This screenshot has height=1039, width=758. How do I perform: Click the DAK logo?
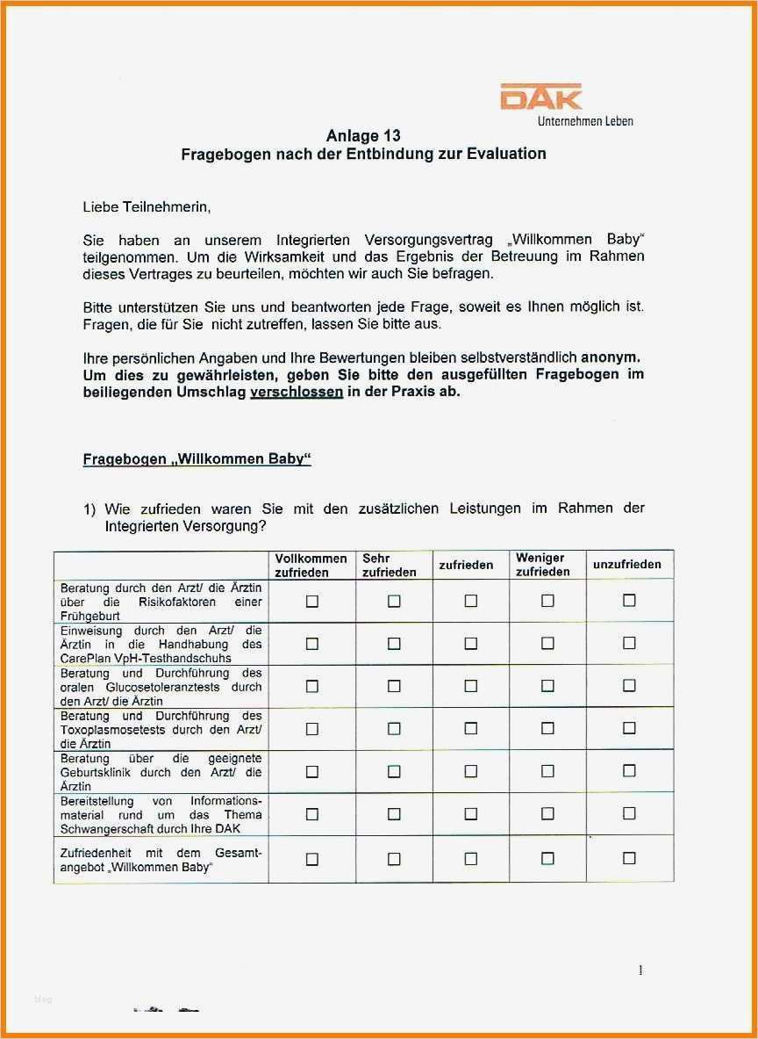540,97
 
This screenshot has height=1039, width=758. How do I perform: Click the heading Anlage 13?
363,135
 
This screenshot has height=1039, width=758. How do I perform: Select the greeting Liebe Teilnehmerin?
147,207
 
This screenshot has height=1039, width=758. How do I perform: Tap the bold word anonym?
611,357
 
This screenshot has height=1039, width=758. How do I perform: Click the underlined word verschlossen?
297,392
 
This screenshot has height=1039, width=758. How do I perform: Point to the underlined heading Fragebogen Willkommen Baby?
197,459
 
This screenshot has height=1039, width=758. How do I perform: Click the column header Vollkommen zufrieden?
311,565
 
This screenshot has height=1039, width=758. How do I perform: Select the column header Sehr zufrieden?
390,565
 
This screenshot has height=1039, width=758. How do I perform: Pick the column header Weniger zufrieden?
543,564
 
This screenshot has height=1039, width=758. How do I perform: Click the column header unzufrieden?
627,564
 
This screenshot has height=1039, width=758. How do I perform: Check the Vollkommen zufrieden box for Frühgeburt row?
311,602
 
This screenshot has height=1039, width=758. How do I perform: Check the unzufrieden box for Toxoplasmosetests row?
629,728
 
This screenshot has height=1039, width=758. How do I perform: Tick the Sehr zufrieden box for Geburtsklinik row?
394,771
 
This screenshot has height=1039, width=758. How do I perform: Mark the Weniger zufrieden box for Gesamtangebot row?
547,858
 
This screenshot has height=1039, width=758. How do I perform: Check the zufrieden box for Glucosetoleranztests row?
471,686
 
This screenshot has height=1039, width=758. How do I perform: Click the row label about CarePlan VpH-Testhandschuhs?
161,644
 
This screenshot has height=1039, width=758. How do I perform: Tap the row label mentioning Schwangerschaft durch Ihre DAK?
161,814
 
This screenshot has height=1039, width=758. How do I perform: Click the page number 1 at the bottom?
640,970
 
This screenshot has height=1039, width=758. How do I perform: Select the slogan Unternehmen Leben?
585,120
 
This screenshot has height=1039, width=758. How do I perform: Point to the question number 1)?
89,509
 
